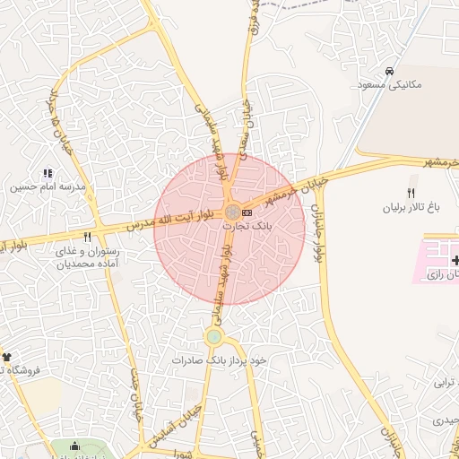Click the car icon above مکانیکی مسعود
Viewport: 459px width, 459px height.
[388, 71]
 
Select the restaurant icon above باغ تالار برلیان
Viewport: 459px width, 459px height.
[411, 193]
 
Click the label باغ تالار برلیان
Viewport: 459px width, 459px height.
[410, 207]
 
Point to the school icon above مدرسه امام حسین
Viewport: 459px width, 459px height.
[48, 173]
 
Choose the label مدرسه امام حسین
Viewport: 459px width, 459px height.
[48, 188]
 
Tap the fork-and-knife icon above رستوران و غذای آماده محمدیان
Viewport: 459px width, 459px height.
[87, 238]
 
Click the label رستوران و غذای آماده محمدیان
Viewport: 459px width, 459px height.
[87, 258]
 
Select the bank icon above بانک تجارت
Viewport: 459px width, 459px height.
[247, 212]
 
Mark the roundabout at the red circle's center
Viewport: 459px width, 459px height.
[231, 212]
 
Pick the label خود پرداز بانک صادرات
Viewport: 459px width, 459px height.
[221, 359]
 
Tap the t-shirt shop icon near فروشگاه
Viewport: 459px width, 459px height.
[4, 357]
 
